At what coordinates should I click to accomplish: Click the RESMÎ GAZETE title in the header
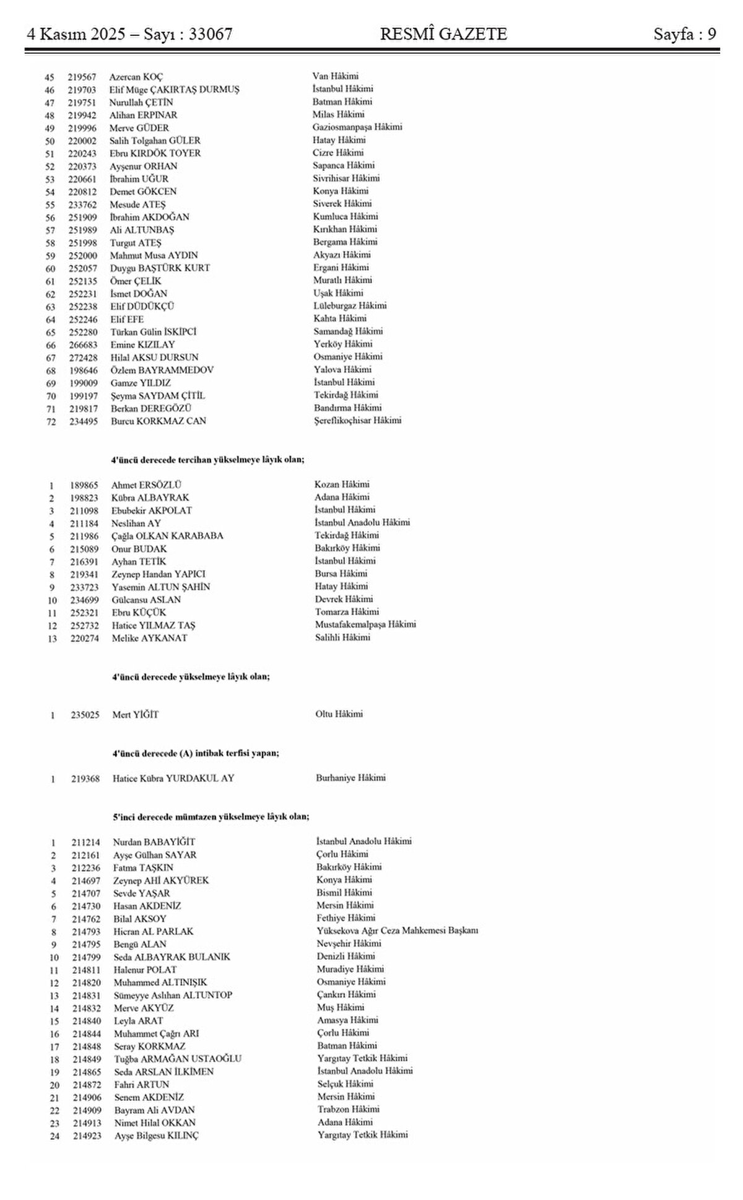443,34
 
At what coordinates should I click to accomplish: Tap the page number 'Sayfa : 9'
685,34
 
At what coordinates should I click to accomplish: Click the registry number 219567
82,77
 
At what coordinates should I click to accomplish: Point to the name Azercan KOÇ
136,77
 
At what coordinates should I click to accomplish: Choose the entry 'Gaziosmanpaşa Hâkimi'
357,127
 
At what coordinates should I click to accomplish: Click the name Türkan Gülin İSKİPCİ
154,331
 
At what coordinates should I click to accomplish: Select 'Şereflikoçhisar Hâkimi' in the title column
358,420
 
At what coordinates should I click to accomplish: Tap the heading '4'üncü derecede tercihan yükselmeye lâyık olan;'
208,460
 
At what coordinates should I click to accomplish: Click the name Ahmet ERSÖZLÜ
147,485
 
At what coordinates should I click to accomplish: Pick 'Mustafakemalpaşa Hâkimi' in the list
365,624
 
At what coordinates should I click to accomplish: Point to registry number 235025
85,714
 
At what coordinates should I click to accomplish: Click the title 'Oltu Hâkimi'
339,714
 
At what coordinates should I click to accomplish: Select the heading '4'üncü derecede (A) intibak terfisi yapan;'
196,753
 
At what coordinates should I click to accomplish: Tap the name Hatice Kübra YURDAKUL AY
173,778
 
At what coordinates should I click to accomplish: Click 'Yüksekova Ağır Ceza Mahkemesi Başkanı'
397,931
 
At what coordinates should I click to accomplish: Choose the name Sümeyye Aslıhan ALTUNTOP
173,995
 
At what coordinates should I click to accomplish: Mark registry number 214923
87,1136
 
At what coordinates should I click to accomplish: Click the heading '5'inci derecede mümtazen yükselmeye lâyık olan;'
211,817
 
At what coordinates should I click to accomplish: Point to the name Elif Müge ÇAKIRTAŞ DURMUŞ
174,90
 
